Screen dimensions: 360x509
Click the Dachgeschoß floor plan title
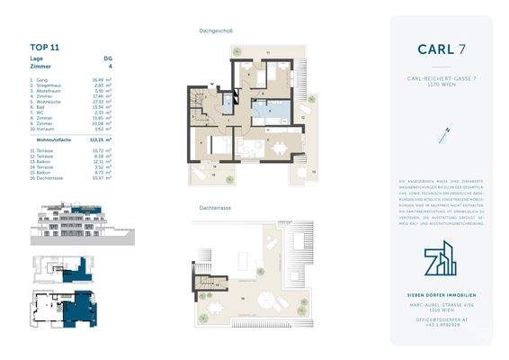(x=216, y=31)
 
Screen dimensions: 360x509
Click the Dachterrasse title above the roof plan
(x=216, y=206)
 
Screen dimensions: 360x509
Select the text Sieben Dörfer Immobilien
(x=441, y=295)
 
